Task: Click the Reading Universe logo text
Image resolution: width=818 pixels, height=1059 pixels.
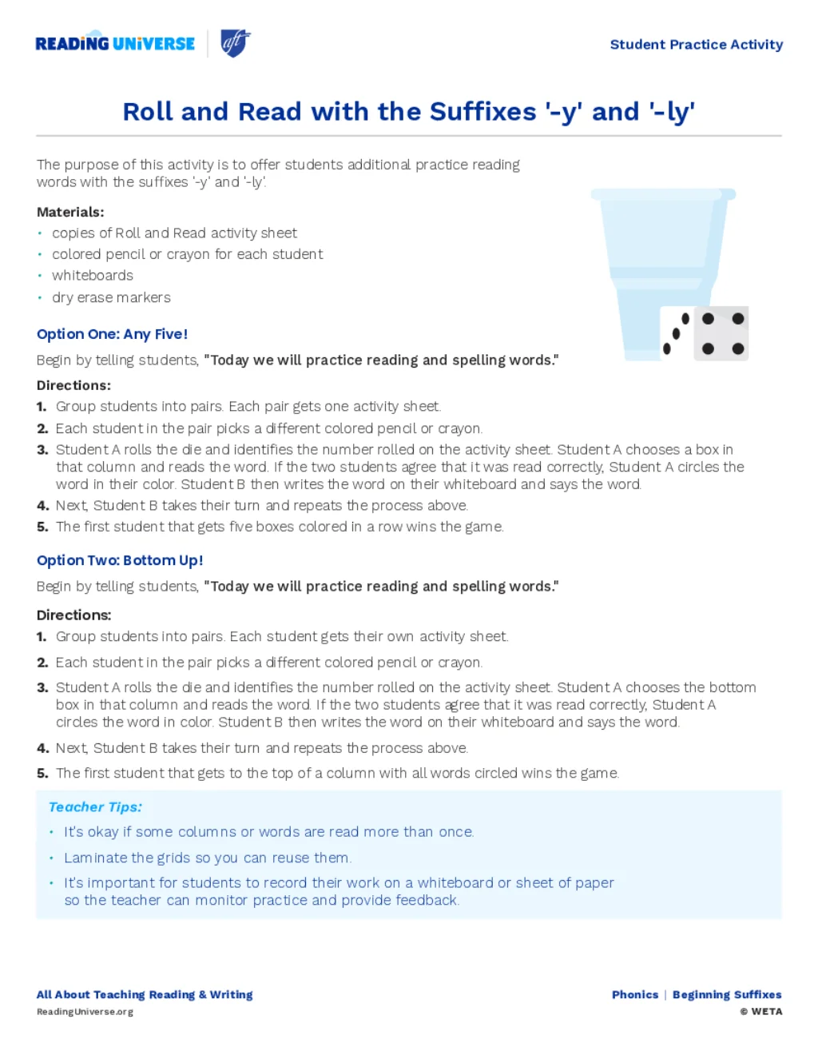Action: point(115,44)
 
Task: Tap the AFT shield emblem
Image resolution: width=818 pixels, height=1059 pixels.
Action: point(235,42)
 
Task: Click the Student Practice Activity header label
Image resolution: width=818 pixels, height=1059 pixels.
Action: point(696,45)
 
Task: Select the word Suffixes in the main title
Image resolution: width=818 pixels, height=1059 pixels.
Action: point(482,112)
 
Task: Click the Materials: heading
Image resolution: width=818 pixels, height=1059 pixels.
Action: point(70,212)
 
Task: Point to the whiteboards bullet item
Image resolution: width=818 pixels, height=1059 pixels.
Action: point(93,276)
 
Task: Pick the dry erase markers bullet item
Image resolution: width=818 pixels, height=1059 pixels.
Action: point(111,297)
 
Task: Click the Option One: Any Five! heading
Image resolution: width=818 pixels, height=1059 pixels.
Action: point(112,334)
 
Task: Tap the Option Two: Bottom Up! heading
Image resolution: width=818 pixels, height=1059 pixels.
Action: point(120,560)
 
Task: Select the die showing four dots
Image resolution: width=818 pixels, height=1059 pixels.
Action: point(722,333)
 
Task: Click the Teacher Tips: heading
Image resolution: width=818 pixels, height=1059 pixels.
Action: point(95,807)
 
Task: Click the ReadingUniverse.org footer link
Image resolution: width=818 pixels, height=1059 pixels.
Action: point(85,1012)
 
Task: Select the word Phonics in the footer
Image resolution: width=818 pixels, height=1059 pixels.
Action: point(635,995)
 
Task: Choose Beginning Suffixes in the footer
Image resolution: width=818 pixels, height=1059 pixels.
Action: point(727,995)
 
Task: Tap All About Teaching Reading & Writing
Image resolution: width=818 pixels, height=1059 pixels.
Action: point(145,995)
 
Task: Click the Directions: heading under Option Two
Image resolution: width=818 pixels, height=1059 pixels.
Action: point(73,615)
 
